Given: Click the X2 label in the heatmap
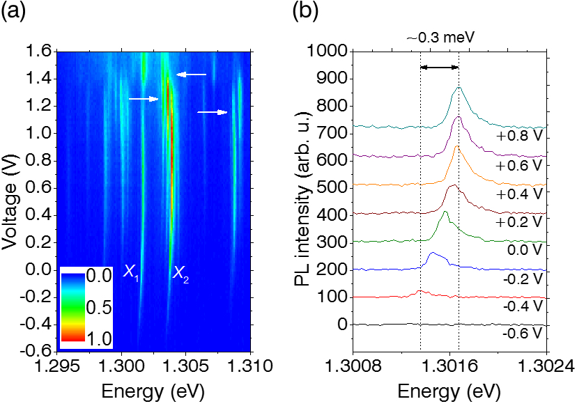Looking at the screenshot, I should tap(180, 273).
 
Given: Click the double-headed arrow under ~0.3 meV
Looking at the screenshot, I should tap(439, 67).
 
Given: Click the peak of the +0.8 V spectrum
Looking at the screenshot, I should tap(458, 88).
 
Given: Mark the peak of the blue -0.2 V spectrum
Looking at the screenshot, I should tap(433, 253).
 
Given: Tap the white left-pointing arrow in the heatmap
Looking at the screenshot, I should tap(191, 74).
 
